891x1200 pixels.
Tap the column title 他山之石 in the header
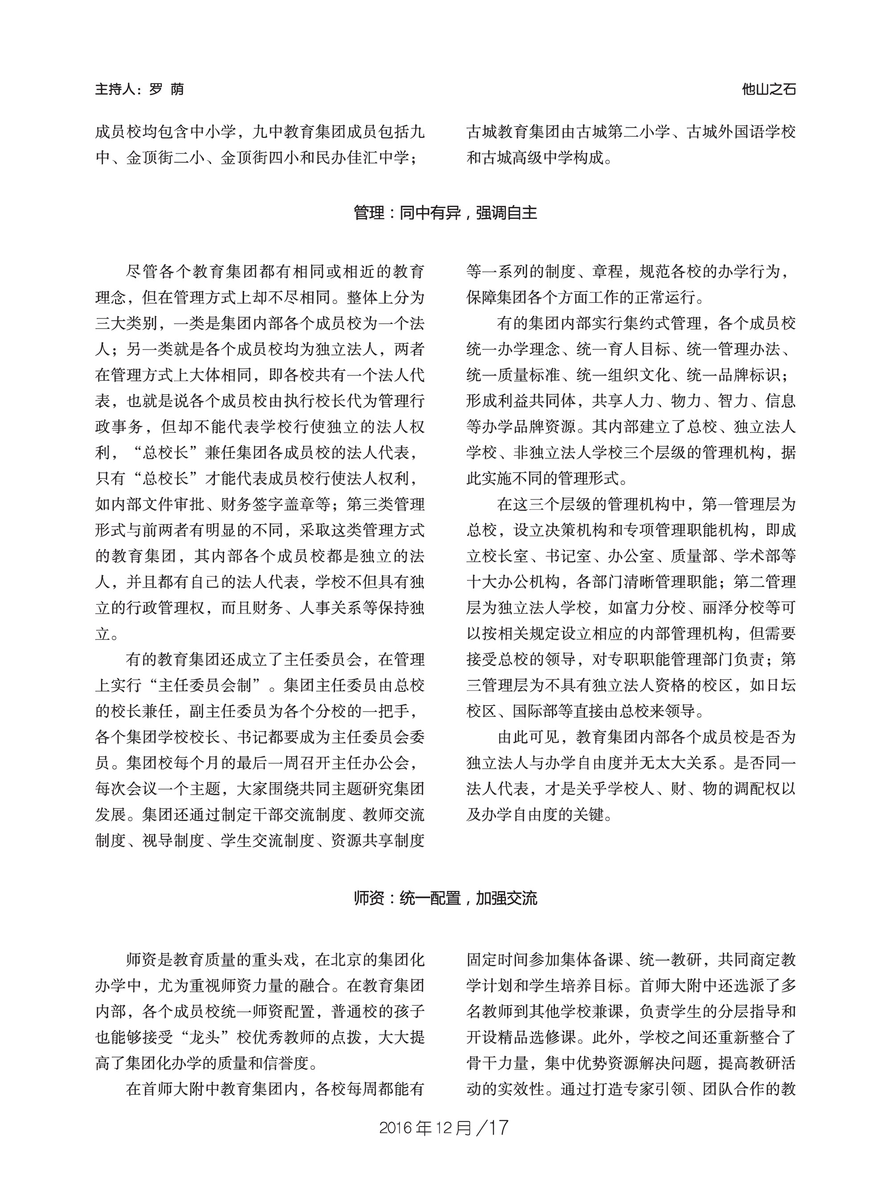pos(768,90)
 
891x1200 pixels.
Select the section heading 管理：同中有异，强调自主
pos(445,213)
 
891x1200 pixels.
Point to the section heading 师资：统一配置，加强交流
pos(445,898)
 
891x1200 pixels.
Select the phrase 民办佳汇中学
pos(362,158)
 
